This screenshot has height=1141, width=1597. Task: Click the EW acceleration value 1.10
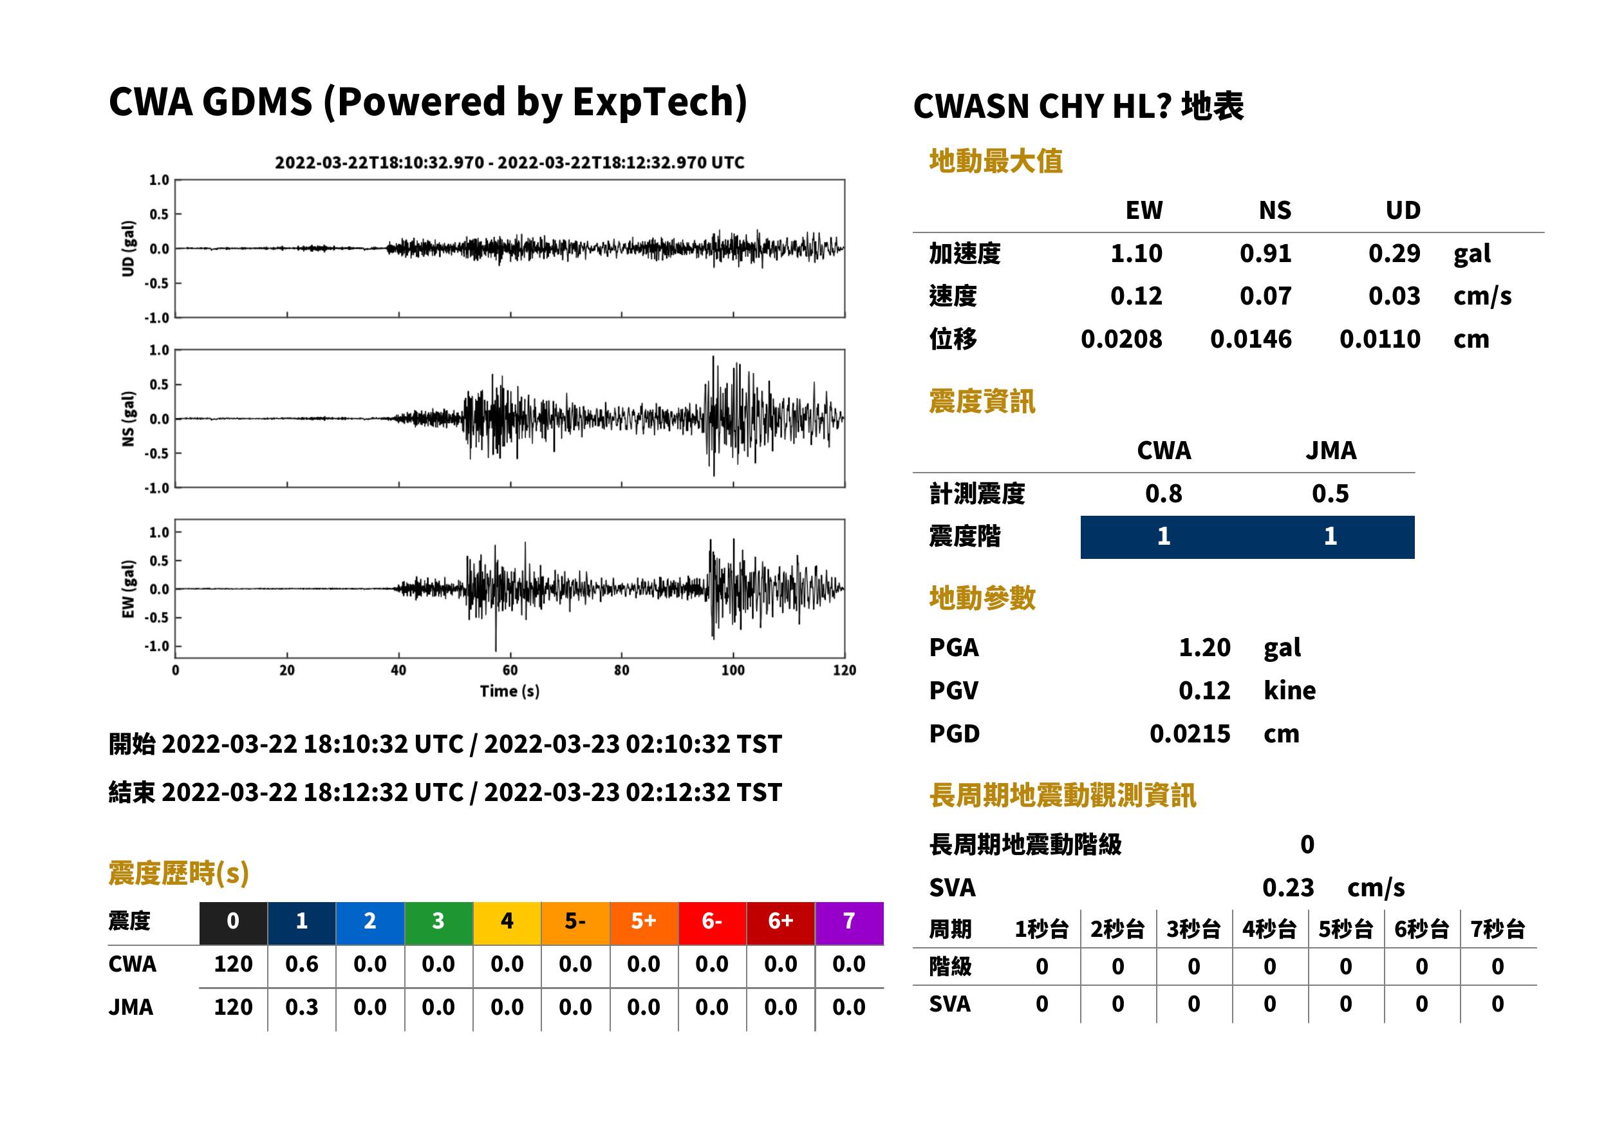click(1135, 253)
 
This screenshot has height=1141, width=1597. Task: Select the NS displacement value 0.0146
click(1250, 339)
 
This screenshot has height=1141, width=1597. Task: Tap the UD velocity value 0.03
click(1394, 296)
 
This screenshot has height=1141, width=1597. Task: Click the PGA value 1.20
click(1204, 647)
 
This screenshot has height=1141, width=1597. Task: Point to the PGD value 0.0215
click(1190, 733)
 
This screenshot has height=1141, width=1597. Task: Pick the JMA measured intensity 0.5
click(1330, 493)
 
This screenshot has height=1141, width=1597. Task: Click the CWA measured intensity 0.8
click(1164, 493)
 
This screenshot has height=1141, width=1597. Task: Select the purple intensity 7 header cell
click(849, 923)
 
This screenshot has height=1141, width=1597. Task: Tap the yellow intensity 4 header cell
click(507, 923)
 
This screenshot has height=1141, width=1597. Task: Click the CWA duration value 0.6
click(302, 964)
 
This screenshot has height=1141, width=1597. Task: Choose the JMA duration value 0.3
click(302, 1007)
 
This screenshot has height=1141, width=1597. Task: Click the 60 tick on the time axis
click(510, 670)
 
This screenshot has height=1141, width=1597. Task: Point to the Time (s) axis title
click(510, 692)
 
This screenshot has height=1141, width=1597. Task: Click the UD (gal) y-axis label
click(128, 249)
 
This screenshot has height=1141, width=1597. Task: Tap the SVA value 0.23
click(1288, 887)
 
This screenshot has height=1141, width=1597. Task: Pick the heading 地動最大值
click(996, 161)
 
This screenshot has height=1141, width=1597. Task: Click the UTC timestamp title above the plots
click(510, 162)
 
